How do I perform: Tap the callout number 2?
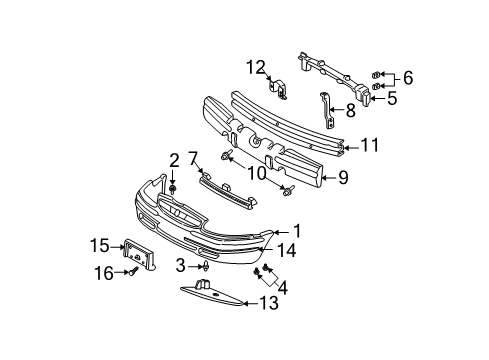pos(173,159)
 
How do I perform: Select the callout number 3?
pos(180,265)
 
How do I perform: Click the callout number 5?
pos(392,99)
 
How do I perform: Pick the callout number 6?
pos(407,77)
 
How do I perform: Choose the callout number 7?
pos(193,157)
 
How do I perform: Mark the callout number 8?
pos(350,111)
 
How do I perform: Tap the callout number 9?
pos(370,179)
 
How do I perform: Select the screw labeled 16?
pos(131,272)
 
